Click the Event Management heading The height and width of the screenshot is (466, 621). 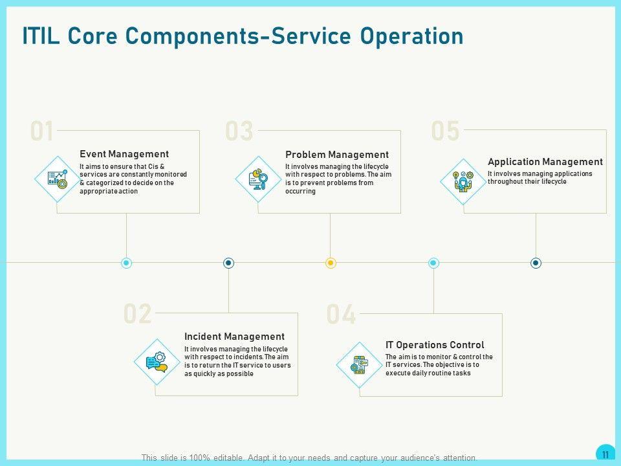tap(124, 154)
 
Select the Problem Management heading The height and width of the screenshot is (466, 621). tap(336, 155)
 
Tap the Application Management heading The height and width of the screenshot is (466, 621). tap(545, 162)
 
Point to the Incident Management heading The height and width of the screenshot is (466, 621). tap(234, 337)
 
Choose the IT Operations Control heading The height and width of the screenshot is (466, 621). tap(435, 345)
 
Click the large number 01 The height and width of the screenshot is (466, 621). tap(42, 131)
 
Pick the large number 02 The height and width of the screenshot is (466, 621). tap(137, 315)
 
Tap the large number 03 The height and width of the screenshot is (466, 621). tap(239, 131)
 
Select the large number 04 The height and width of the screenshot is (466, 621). tap(342, 315)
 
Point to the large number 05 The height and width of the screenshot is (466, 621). tap(445, 131)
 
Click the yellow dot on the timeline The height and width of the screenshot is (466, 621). tap(331, 263)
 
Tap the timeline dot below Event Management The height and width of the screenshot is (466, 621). tap(127, 263)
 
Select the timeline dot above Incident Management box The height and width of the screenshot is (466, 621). tap(228, 263)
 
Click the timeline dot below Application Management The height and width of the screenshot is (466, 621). tap(536, 263)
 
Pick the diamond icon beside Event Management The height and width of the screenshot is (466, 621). tap(58, 179)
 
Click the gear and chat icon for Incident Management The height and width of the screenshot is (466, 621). tap(157, 362)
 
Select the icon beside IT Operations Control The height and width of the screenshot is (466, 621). tap(359, 365)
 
